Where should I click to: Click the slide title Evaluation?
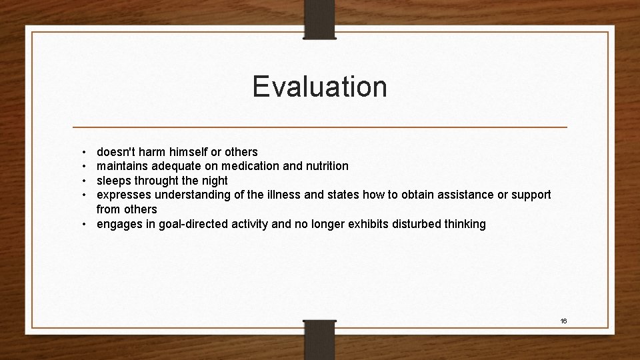point(319,87)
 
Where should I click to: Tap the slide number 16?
point(563,321)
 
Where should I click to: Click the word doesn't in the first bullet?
point(118,152)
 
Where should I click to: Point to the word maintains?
point(123,166)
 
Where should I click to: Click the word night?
point(213,181)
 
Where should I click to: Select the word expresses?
point(124,195)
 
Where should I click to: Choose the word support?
point(530,195)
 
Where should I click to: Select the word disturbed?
point(409,224)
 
